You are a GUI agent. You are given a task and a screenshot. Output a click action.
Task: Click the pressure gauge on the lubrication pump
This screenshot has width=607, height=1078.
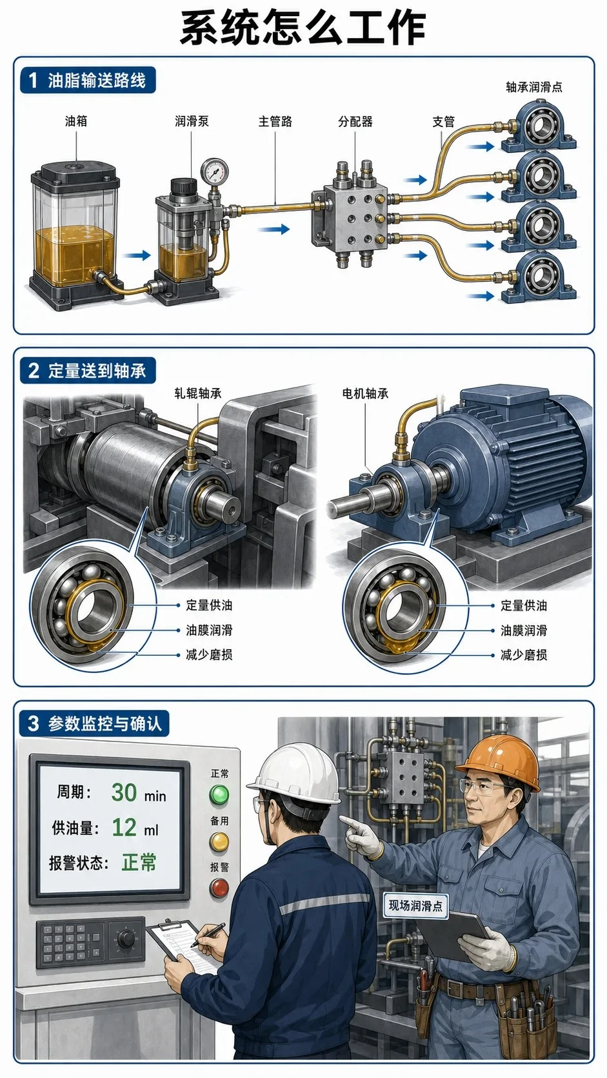click(x=215, y=171)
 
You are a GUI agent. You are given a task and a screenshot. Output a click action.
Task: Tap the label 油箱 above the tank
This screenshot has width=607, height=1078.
click(x=76, y=121)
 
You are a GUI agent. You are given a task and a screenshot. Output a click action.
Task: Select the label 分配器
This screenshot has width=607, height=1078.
click(x=355, y=121)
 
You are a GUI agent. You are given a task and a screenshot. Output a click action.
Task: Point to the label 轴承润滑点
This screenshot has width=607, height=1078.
click(x=534, y=87)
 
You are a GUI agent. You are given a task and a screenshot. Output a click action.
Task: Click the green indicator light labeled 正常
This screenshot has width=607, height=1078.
click(x=219, y=794)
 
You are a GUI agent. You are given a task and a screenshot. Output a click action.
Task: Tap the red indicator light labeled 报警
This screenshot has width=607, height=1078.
click(x=219, y=887)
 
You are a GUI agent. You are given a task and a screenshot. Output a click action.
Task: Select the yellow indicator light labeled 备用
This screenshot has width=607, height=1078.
click(x=219, y=841)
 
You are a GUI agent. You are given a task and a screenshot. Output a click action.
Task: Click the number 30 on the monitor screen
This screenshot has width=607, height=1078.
click(x=124, y=792)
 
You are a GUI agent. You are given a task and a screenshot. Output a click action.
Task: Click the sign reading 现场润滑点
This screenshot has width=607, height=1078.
click(x=415, y=906)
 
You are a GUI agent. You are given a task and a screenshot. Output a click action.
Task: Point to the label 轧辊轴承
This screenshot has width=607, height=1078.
click(x=198, y=393)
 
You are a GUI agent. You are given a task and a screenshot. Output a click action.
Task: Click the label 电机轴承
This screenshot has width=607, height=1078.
click(x=365, y=394)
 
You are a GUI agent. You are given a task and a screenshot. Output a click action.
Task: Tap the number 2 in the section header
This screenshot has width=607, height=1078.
click(x=34, y=371)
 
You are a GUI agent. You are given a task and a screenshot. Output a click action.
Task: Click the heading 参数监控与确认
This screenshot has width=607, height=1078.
click(x=104, y=723)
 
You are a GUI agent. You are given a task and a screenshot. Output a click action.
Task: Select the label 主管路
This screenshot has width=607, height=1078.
click(x=275, y=121)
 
